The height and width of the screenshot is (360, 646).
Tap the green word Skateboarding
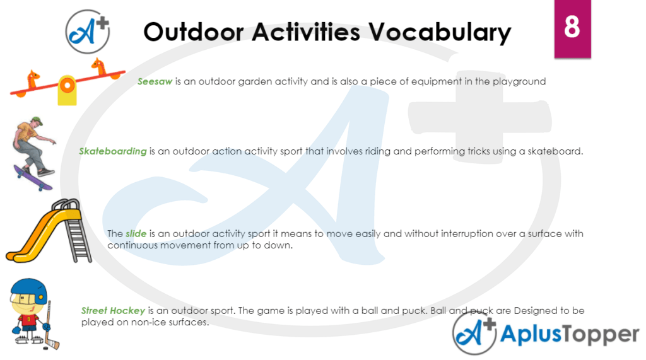(x=113, y=151)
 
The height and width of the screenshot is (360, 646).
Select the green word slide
(x=131, y=234)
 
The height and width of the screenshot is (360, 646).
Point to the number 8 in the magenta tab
(x=572, y=28)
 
